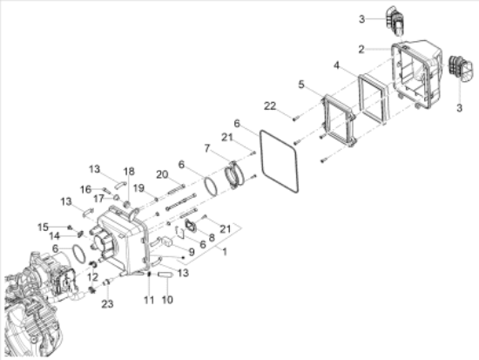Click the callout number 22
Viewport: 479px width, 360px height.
[270, 106]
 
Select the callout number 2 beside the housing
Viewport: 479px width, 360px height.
[361, 49]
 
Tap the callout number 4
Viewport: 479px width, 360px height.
[336, 65]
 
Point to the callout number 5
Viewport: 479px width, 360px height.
[301, 85]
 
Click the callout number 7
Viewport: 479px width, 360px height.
[207, 148]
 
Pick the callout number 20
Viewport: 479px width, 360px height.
[162, 174]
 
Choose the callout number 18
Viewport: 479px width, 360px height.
[129, 171]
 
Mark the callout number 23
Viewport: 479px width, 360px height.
[107, 304]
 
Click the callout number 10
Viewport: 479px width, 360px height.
[167, 300]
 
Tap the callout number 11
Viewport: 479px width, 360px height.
[149, 300]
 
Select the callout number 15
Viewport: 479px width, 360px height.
[43, 228]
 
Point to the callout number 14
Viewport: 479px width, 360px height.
[54, 236]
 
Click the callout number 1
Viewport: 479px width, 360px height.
[225, 252]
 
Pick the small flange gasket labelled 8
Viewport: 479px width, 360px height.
[190, 225]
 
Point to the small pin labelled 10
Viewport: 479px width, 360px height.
[165, 275]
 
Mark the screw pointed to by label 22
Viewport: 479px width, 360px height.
[295, 119]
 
